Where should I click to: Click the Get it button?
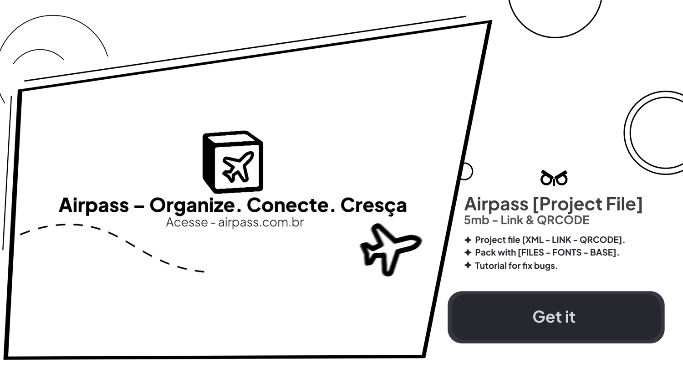click(556, 317)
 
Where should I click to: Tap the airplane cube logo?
click(233, 162)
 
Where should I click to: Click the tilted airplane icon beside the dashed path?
click(390, 249)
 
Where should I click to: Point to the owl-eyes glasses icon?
click(554, 178)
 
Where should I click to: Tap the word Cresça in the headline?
click(373, 205)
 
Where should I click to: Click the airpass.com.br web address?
click(261, 222)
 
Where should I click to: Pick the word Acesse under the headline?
click(187, 222)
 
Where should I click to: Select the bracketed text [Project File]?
click(587, 204)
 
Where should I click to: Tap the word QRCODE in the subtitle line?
click(563, 220)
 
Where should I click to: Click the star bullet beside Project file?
click(468, 240)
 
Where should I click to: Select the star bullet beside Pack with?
click(468, 252)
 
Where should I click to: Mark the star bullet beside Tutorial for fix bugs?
click(468, 265)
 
